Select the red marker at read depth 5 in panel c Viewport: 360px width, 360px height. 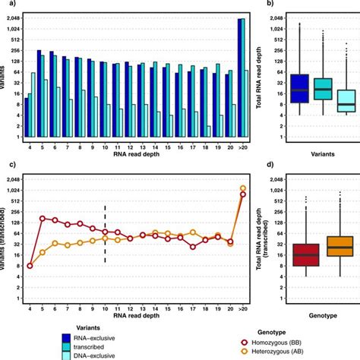pos(43,219)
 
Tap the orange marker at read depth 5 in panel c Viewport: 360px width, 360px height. pos(43,251)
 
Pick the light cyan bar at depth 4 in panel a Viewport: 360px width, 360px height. pos(34,105)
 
